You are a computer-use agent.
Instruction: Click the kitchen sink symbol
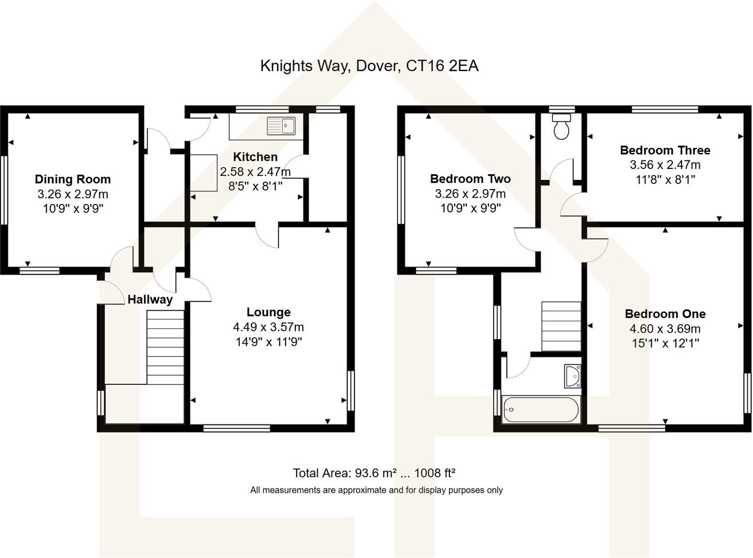pyautogui.click(x=281, y=125)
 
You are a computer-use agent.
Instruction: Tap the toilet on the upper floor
pyautogui.click(x=561, y=127)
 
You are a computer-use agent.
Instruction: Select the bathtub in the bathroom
pyautogui.click(x=541, y=409)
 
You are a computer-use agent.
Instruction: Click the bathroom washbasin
pyautogui.click(x=573, y=376)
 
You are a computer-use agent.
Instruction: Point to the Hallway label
pyautogui.click(x=150, y=300)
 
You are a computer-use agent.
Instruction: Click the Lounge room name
pyautogui.click(x=269, y=312)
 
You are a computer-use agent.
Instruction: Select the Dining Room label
pyautogui.click(x=73, y=179)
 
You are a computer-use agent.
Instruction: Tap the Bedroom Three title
pyautogui.click(x=665, y=150)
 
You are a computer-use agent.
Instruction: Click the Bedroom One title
pyautogui.click(x=665, y=314)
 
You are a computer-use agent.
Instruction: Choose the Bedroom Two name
pyautogui.click(x=470, y=179)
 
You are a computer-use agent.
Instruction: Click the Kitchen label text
pyautogui.click(x=255, y=156)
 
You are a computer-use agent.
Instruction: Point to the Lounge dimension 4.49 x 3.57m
pyautogui.click(x=269, y=327)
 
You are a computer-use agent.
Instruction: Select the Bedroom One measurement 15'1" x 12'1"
pyautogui.click(x=665, y=344)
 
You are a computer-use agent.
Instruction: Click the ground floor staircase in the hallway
pyautogui.click(x=165, y=347)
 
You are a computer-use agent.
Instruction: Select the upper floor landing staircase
pyautogui.click(x=561, y=326)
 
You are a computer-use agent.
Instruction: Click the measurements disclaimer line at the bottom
pyautogui.click(x=376, y=490)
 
